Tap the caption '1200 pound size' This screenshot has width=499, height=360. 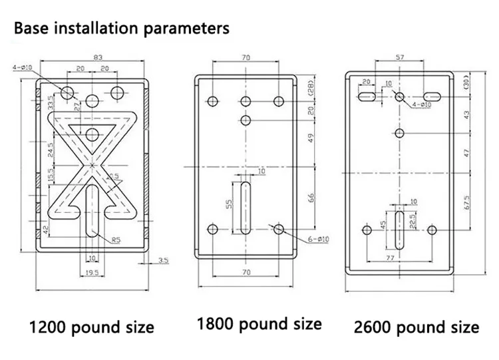pos(90,327)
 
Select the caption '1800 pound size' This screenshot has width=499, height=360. pos(259,324)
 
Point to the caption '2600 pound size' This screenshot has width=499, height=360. pos(416,327)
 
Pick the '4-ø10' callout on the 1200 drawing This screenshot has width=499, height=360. pos(23,67)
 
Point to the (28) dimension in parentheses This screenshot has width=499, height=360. pos(310,87)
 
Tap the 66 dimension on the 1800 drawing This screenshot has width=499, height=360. pos(310,198)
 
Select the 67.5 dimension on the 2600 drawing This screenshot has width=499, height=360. pos(468,200)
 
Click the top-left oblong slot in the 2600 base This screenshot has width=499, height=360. pos(367,96)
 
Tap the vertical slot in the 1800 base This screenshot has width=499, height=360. pos(246,206)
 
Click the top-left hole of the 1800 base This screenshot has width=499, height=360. pos(212,101)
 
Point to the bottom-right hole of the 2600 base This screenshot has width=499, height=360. pos(432,230)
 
